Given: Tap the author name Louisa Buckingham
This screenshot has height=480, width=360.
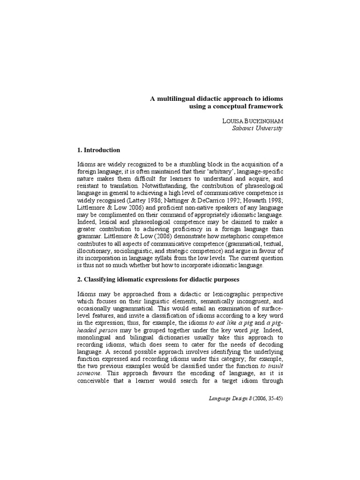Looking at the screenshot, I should click(x=252, y=121).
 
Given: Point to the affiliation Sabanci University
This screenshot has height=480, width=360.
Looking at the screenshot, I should click(x=257, y=128).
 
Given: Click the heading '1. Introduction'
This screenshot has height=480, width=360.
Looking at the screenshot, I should click(x=98, y=150).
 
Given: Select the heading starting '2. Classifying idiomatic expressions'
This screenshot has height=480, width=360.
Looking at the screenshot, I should click(x=158, y=280).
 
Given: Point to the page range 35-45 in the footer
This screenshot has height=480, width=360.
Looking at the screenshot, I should click(x=273, y=398).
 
